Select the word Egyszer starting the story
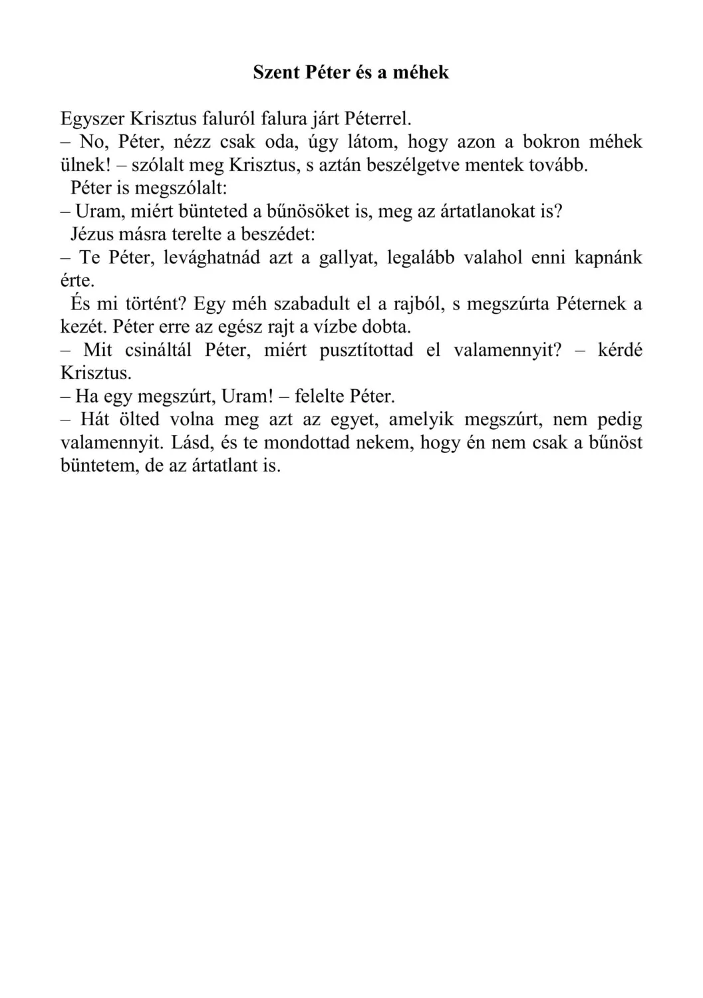(x=92, y=120)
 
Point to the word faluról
(x=230, y=120)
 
